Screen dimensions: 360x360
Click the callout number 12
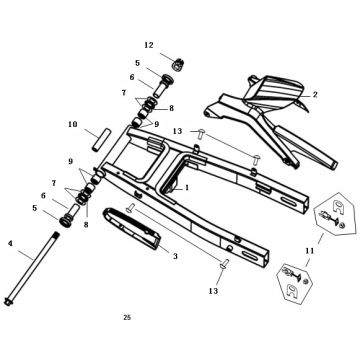149,45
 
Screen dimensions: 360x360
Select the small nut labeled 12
179,63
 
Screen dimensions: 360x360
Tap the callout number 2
315,95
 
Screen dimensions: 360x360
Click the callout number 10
73,124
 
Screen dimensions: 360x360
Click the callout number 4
10,244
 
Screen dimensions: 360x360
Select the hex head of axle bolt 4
7,301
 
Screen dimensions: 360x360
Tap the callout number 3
175,256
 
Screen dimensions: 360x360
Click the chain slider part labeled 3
132,228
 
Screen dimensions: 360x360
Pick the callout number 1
187,188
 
